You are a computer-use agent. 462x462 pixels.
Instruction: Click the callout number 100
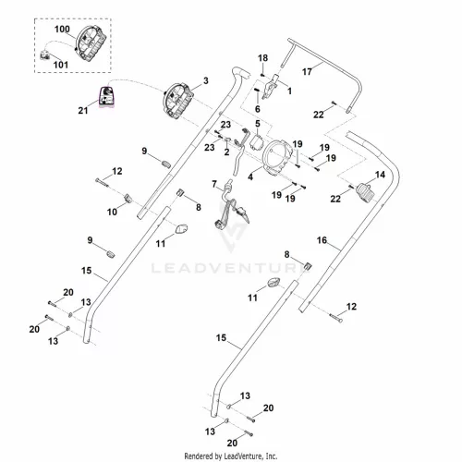tap(62, 30)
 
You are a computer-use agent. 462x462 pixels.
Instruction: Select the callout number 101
tap(61, 65)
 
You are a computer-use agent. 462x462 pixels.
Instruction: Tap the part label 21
tap(83, 110)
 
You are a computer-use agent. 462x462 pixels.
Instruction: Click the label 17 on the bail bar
tap(307, 72)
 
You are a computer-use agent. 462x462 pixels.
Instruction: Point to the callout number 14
tap(380, 175)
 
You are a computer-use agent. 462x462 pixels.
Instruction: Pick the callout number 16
tap(322, 240)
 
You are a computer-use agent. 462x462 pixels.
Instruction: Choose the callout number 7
tap(214, 184)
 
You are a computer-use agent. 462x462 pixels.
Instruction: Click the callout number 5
tap(258, 124)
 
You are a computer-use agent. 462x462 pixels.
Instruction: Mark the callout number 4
tap(250, 176)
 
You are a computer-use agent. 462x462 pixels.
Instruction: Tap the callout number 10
tap(112, 212)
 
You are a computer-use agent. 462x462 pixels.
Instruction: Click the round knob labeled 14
tap(366, 192)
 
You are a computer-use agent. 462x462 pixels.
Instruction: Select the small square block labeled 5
tap(257, 142)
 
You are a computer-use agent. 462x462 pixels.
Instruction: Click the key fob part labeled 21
tap(106, 97)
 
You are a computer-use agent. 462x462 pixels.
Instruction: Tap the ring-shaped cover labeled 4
tap(276, 158)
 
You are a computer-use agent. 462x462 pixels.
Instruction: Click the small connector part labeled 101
tap(45, 55)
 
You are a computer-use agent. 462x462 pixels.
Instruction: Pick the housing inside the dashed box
tap(91, 43)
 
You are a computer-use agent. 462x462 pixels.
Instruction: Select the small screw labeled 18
tap(262, 74)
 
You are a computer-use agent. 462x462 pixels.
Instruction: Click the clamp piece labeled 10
tap(128, 199)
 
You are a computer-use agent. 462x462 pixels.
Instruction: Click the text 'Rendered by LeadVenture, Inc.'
tap(231, 456)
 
